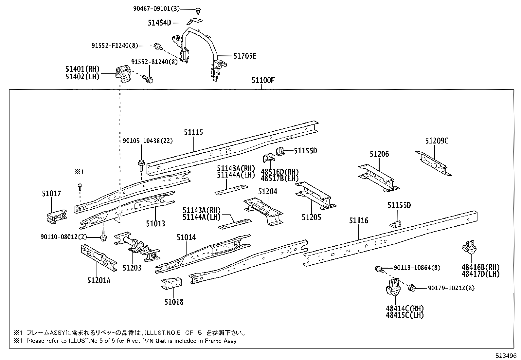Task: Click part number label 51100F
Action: [263, 80]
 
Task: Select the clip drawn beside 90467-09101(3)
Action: [199, 11]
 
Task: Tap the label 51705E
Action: [244, 56]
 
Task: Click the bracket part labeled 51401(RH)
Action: [122, 74]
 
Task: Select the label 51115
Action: [193, 132]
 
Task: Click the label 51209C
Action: [437, 141]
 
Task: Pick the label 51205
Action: [311, 217]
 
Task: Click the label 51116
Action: [359, 220]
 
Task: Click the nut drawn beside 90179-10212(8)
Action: [412, 288]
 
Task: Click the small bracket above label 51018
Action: [172, 284]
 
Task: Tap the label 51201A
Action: [99, 280]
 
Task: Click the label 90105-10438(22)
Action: [148, 141]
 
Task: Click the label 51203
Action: [132, 268]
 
